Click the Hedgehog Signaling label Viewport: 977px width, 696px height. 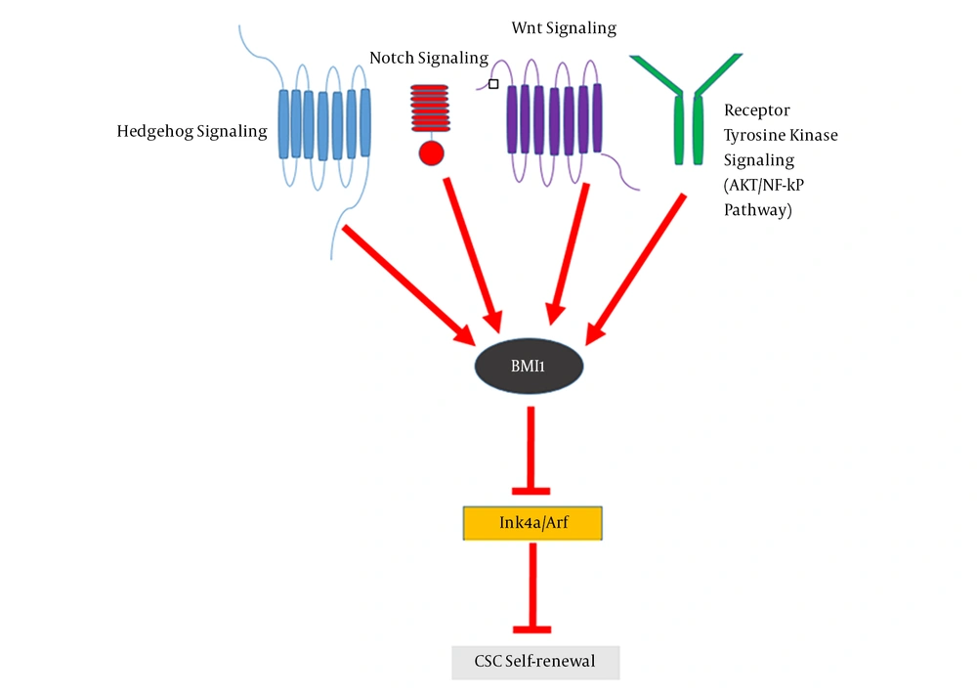click(191, 131)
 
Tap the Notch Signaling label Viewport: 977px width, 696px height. click(428, 58)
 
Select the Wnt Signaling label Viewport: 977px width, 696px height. click(564, 27)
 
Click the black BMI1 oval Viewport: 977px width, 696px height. click(529, 368)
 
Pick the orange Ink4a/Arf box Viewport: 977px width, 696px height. click(531, 523)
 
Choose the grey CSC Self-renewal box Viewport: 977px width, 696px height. click(535, 662)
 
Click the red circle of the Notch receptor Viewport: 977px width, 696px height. click(431, 153)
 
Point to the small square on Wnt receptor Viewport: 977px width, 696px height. click(493, 85)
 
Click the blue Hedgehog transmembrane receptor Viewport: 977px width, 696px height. click(324, 123)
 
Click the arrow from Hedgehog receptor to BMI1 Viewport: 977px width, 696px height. click(405, 283)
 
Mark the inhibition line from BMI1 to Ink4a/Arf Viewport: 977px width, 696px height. click(531, 450)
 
